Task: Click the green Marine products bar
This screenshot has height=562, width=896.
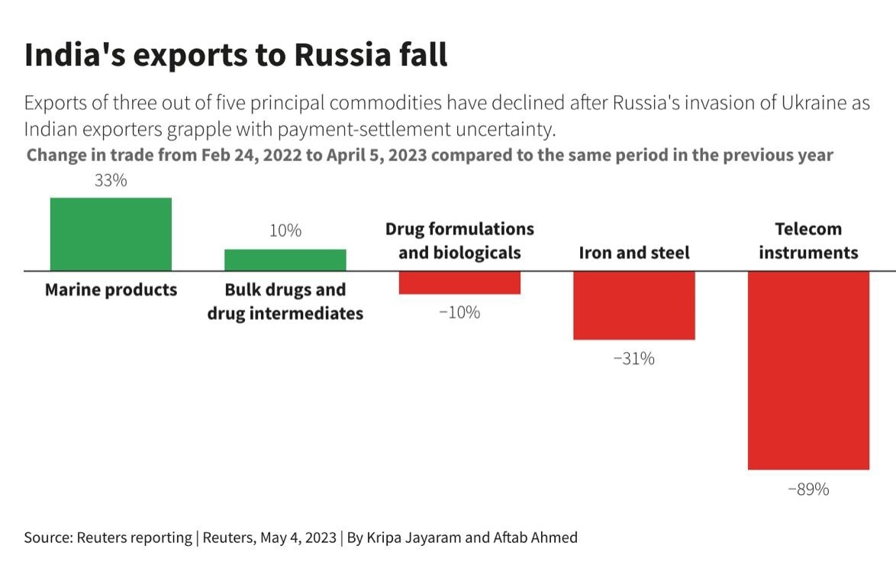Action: tap(111, 234)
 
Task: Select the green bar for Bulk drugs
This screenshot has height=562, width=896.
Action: tap(285, 260)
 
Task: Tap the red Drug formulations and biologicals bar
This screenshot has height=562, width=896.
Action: tap(459, 283)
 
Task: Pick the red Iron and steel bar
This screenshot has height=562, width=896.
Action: tap(633, 305)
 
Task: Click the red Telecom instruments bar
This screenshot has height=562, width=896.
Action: tap(808, 370)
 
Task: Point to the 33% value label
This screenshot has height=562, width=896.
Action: tap(111, 181)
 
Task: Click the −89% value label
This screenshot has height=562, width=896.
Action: tap(808, 489)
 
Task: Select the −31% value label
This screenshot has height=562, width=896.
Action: tap(633, 358)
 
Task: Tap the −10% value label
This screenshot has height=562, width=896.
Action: tap(459, 312)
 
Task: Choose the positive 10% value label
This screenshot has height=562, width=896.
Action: tap(285, 230)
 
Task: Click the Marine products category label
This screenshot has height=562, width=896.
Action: tap(111, 290)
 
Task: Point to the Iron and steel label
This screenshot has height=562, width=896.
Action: tap(633, 253)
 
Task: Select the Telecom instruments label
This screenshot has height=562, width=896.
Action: tap(808, 241)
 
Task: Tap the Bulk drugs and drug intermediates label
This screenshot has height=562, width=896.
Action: tap(285, 302)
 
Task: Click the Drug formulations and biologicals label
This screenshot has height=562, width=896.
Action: tap(459, 241)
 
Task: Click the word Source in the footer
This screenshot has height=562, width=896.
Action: tap(47, 538)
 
